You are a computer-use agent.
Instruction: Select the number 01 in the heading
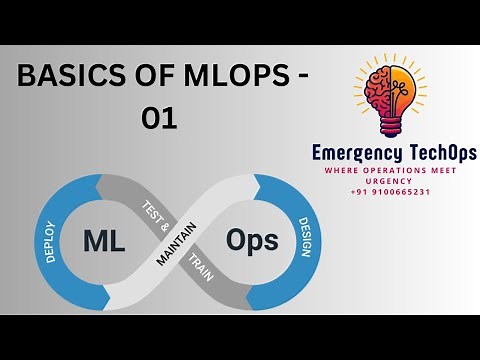pos(159,119)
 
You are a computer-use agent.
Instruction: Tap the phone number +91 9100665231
pos(390,191)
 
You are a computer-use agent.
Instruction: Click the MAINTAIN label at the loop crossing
pos(176,243)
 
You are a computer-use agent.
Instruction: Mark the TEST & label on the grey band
pos(152,213)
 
